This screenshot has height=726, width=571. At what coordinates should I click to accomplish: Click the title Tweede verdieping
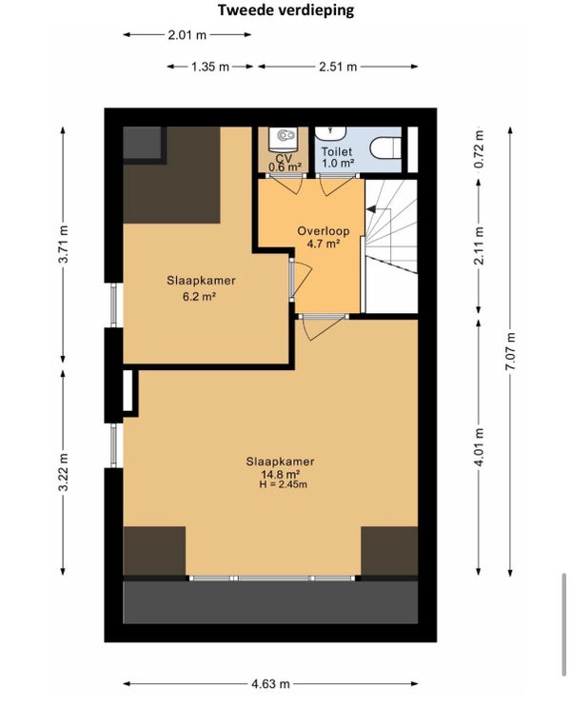click(285, 10)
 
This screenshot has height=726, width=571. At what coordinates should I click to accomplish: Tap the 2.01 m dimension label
click(187, 34)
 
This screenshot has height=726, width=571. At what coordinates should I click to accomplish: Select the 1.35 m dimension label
click(210, 67)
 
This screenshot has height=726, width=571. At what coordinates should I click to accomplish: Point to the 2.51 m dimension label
click(338, 67)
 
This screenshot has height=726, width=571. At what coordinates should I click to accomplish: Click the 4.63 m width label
click(270, 683)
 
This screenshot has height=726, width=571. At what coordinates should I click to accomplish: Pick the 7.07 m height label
click(510, 351)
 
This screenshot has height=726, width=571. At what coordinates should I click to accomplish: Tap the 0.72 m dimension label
click(479, 149)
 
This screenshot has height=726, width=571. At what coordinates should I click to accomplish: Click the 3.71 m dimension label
click(63, 244)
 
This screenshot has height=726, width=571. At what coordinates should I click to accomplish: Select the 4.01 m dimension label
click(479, 447)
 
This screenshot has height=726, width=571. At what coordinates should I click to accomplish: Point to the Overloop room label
click(324, 231)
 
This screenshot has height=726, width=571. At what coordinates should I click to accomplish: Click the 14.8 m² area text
click(280, 474)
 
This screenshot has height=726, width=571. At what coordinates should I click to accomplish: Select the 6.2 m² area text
click(200, 296)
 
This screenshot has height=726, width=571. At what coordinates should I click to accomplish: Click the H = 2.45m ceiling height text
click(283, 484)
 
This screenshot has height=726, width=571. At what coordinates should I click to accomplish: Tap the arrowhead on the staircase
click(370, 209)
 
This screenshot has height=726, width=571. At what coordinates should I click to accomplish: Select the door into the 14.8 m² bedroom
click(323, 327)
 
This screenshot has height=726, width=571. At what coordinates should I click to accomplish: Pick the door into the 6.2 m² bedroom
click(301, 279)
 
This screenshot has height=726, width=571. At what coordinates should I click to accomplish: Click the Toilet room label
click(337, 151)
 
